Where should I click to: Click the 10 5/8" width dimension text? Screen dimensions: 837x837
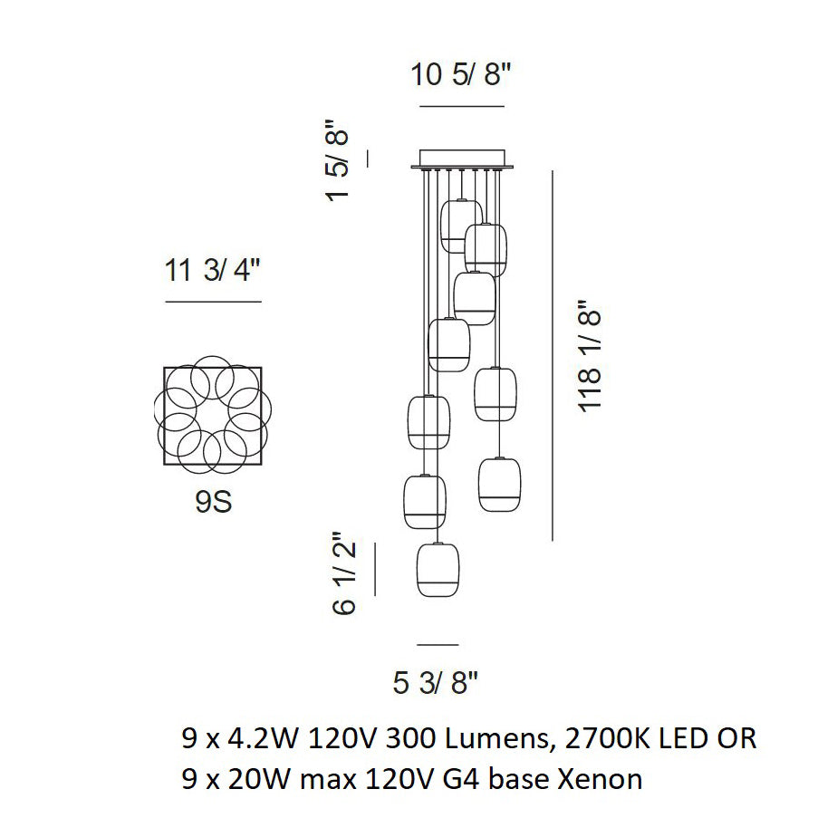461,75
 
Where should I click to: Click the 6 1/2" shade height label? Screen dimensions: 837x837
343,572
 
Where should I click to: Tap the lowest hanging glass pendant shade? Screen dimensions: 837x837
438,569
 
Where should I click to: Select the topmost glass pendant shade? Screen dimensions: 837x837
459,226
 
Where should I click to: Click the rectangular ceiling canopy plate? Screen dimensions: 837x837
462,159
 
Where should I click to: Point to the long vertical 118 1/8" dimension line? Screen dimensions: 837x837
553,357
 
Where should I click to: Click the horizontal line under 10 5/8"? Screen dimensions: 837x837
461,107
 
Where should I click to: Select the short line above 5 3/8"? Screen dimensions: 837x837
438,645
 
